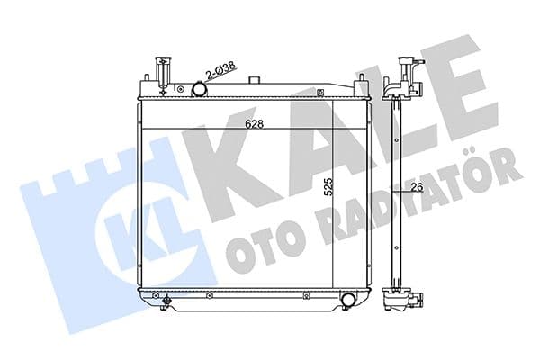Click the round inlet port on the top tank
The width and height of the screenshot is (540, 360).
pos(200,89)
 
